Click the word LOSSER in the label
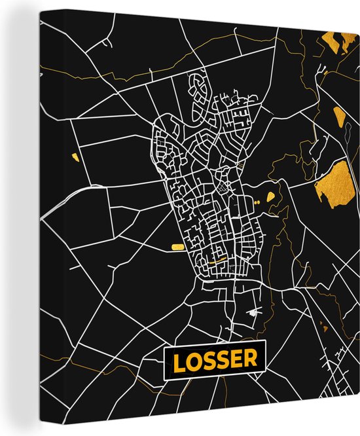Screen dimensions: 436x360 214,359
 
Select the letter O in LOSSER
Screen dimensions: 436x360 194,359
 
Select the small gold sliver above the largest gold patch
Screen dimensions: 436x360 338,118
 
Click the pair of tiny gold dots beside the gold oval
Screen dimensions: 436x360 257,204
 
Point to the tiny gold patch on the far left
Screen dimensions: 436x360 74,156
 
